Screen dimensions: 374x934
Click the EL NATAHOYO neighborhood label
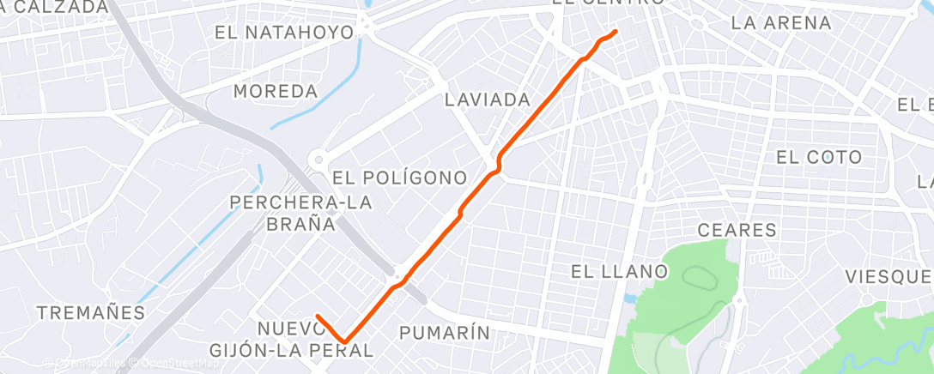(285, 33)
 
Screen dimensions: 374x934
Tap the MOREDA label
(276, 91)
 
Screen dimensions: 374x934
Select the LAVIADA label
(488, 100)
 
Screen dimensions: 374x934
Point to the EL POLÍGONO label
(400, 178)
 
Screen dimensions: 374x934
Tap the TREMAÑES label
(91, 312)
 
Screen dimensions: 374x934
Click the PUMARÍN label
(446, 332)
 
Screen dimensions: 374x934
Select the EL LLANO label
(620, 272)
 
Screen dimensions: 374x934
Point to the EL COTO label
(818, 157)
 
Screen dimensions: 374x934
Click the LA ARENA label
(781, 23)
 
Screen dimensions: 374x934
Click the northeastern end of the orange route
(616, 32)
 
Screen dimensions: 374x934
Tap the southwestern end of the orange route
(318, 316)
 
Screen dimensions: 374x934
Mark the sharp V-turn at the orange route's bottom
(345, 341)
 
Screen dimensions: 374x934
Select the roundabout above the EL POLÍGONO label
(319, 159)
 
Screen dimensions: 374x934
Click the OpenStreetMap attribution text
(179, 363)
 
